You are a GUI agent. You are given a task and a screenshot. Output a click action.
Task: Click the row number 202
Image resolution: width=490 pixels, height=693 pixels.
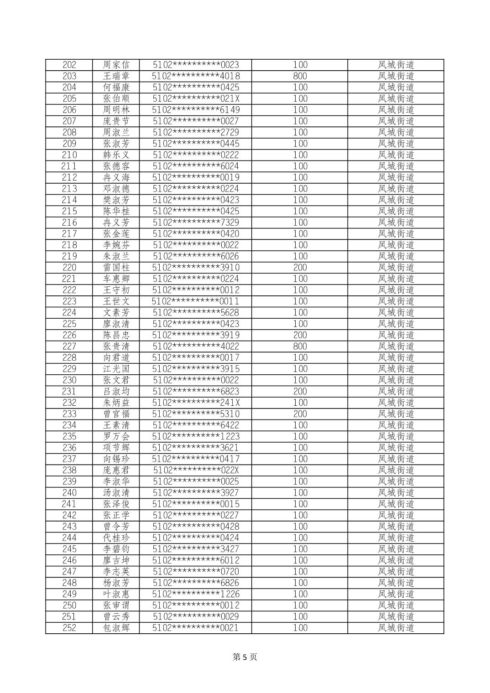(x=69, y=65)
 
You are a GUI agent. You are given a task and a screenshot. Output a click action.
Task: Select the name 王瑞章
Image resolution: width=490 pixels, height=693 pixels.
(x=116, y=76)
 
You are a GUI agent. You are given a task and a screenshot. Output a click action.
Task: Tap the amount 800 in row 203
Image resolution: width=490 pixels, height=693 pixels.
(x=300, y=76)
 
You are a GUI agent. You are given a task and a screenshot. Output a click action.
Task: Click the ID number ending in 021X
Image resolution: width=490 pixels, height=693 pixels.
(x=196, y=98)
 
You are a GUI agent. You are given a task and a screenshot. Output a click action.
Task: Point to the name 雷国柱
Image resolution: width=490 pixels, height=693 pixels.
(x=116, y=268)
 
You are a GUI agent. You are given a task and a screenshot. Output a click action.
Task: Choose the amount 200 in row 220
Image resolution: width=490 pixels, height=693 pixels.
(x=300, y=268)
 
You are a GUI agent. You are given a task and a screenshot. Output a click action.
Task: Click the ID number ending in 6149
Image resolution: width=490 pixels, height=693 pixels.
(x=196, y=110)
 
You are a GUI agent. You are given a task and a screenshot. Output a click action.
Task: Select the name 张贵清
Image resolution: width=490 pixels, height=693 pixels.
(x=116, y=346)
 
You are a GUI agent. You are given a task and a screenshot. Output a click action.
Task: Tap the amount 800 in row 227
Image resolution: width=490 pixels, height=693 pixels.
(x=300, y=346)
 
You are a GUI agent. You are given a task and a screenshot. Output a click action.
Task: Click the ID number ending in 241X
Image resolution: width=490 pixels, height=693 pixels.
(x=196, y=403)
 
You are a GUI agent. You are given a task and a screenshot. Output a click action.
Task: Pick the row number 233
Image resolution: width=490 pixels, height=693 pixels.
(x=69, y=414)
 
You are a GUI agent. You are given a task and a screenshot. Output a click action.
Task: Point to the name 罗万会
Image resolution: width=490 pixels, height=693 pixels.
(x=116, y=436)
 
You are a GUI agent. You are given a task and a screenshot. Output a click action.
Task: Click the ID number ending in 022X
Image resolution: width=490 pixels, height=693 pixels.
(x=196, y=470)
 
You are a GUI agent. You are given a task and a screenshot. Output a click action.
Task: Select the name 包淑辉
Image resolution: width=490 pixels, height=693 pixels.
(x=116, y=628)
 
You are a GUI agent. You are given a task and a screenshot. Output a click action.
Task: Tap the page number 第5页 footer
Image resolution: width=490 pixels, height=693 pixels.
(x=245, y=657)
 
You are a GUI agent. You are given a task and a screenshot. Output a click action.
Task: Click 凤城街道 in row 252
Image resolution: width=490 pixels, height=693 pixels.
(x=396, y=628)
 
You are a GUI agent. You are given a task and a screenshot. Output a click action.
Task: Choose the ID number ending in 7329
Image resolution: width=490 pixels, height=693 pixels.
(x=196, y=222)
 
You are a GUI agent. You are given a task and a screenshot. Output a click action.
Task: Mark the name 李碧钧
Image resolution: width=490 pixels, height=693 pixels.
(x=116, y=549)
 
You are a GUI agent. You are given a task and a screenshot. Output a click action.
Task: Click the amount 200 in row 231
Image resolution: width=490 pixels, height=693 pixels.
(x=300, y=391)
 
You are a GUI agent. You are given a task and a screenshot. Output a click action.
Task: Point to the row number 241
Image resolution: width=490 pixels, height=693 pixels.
(x=69, y=504)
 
